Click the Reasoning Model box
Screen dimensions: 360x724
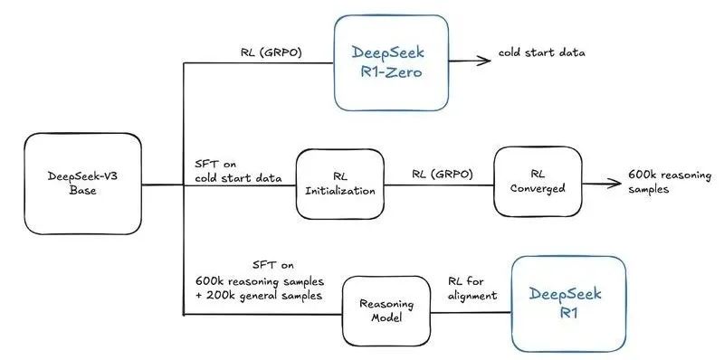385,312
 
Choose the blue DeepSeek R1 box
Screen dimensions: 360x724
567,304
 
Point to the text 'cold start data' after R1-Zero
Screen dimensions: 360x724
541,52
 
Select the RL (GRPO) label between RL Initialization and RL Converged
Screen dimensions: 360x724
442,172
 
